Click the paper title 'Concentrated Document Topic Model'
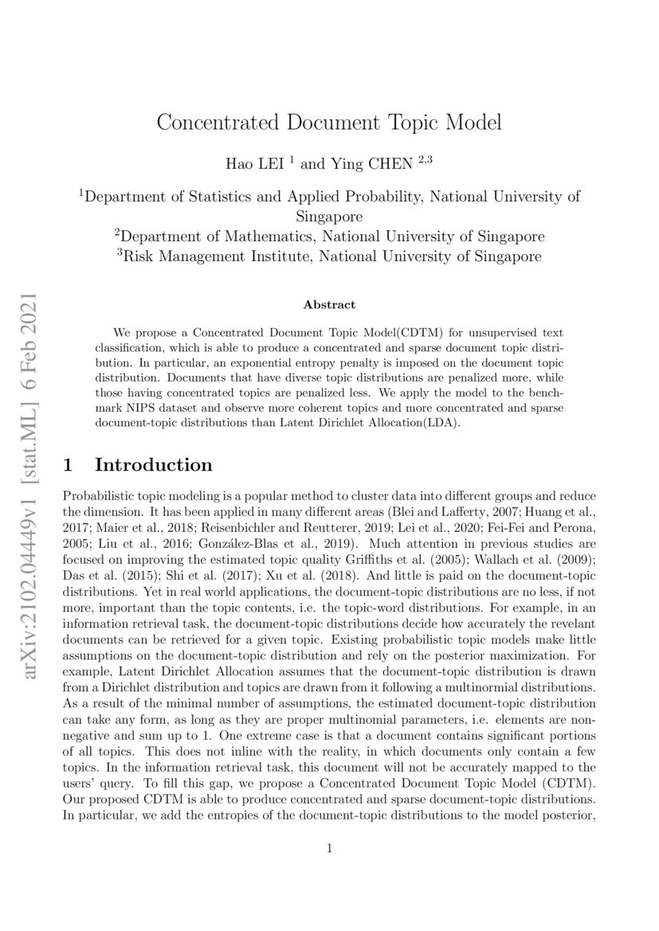pos(329,123)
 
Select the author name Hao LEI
pos(257,163)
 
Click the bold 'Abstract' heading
pos(329,304)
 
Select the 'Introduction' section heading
pos(153,465)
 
